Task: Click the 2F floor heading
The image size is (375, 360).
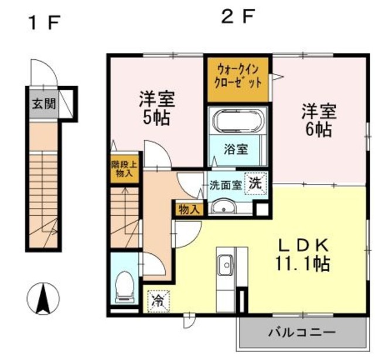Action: pos(238,16)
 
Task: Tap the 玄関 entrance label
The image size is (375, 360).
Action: pos(43,104)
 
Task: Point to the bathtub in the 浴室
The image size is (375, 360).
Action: pos(237,122)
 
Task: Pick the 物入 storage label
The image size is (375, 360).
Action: pos(189,209)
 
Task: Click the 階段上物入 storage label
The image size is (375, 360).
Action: pos(122,169)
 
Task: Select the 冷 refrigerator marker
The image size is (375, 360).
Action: pos(157,301)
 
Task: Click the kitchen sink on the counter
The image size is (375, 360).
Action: pos(224,264)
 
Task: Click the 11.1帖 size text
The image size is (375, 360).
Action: pos(302,263)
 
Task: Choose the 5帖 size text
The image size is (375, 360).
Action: pos(156,117)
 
